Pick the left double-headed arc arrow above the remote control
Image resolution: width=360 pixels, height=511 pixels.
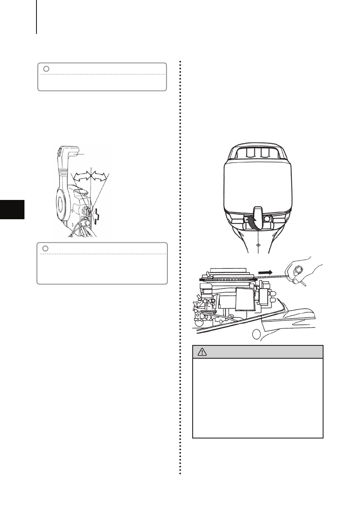pos(82,175)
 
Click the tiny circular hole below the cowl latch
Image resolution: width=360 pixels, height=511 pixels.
pos(257,245)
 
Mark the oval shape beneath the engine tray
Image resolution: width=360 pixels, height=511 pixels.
pos(257,334)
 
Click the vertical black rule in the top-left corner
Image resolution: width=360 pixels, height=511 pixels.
pos(36,17)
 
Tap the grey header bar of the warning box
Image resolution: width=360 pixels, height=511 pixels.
pos(257,351)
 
